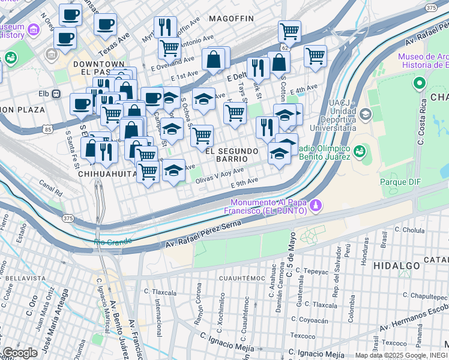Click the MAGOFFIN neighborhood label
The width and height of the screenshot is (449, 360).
coord(231,19)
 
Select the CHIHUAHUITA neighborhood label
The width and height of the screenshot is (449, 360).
coord(107,174)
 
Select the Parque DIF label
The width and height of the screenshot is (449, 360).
coord(399,181)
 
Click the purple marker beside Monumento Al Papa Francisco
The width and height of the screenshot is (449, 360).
coord(315,206)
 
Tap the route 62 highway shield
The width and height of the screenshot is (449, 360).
coord(284,46)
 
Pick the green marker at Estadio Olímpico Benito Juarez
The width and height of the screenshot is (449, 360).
coord(360,149)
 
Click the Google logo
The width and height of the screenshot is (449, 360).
coord(20,353)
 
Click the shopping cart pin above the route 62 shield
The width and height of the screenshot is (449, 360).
coord(289,31)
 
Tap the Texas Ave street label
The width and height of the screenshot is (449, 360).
coord(114,42)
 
